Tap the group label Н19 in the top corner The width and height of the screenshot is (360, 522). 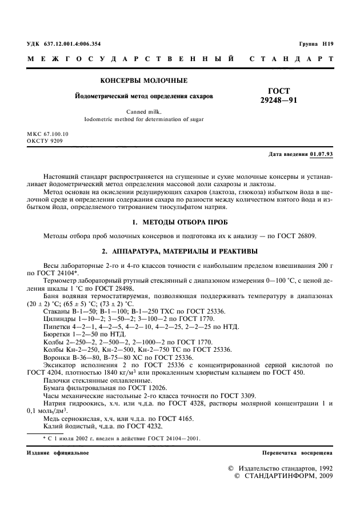tap(326, 44)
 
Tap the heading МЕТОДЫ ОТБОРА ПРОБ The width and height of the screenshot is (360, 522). tap(188, 220)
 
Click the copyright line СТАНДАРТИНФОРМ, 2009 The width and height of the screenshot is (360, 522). tap(289, 476)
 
